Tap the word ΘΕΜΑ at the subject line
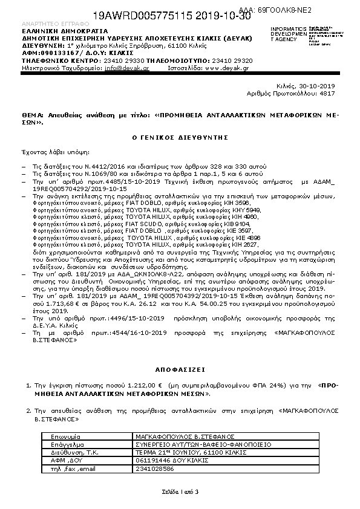[32, 114]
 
